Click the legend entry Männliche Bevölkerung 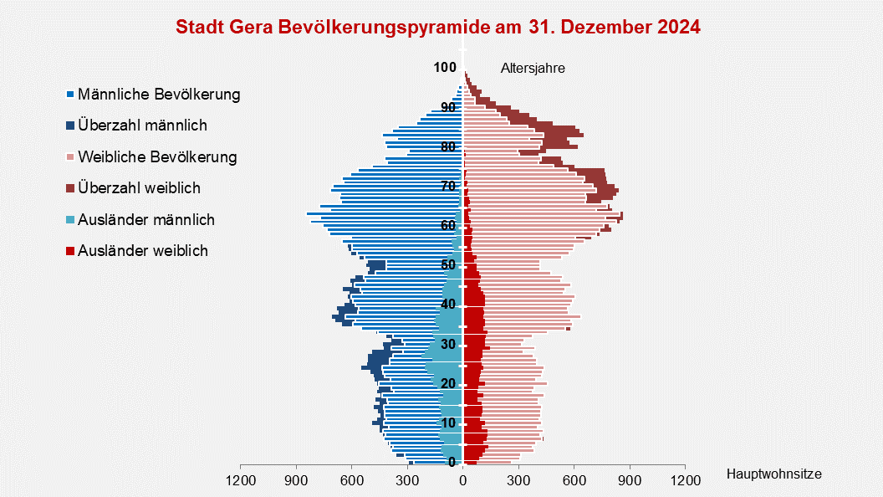[x=159, y=95]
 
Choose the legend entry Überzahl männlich [x=142, y=126]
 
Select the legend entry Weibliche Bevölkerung [x=157, y=156]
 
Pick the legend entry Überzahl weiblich [x=139, y=188]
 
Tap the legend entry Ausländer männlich [x=146, y=220]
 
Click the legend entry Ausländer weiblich [x=143, y=250]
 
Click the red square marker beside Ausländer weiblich [x=71, y=251]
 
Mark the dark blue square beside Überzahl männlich [x=71, y=126]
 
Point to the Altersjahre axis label [x=533, y=69]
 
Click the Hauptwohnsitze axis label [x=773, y=474]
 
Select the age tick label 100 [x=445, y=68]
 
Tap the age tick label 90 [x=448, y=107]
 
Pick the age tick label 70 [x=448, y=186]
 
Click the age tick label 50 [x=448, y=264]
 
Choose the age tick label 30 [x=448, y=344]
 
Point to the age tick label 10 [x=448, y=423]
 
